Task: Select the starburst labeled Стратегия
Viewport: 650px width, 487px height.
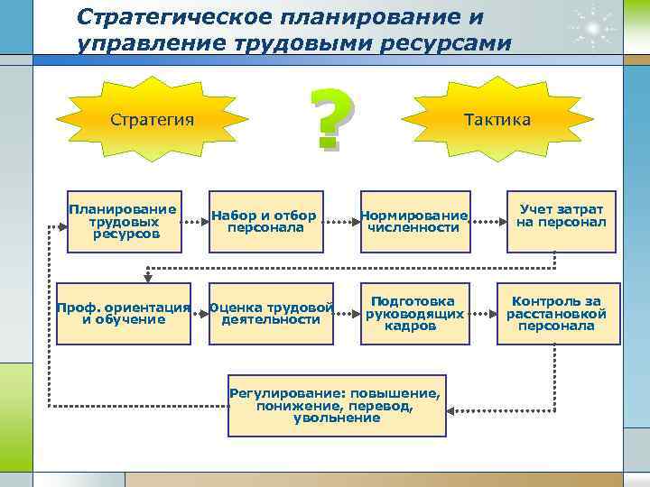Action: (x=152, y=120)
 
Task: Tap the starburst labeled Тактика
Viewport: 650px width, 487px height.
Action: (x=497, y=120)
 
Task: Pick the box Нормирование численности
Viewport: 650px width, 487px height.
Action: (x=413, y=221)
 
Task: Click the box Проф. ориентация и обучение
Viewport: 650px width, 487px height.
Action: (x=124, y=313)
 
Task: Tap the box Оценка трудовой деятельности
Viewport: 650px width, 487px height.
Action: (x=272, y=313)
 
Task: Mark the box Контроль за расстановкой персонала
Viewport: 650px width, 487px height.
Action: (x=556, y=313)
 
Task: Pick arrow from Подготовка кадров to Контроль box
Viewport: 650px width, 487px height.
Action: (x=485, y=314)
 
